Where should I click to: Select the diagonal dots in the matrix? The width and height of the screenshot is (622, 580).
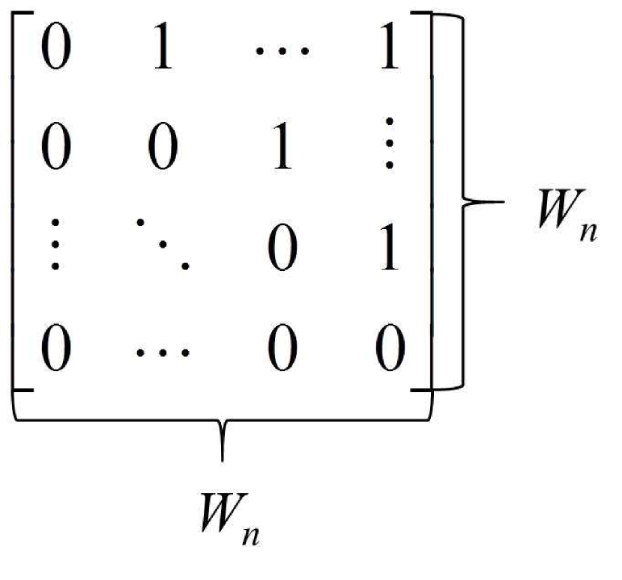[163, 245]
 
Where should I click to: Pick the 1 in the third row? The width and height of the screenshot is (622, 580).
[389, 251]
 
